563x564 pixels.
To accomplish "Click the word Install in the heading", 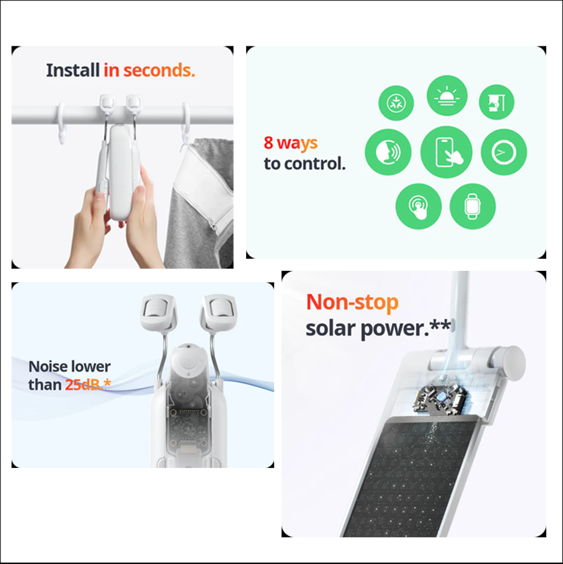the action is (72, 70).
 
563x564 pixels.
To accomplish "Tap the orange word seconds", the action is (159, 70).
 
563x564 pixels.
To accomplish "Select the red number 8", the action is (268, 142).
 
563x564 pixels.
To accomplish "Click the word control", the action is (314, 164).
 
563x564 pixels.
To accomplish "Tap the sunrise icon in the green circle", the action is (447, 96).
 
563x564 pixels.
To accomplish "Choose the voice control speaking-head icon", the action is (388, 152).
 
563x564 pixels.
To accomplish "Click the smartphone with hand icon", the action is (447, 152).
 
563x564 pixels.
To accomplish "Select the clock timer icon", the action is (504, 152).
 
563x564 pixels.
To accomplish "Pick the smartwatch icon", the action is (472, 206).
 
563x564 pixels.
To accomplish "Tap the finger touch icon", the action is (419, 206).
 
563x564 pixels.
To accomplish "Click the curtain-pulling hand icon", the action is (496, 102).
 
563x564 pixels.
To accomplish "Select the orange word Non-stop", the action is (352, 302).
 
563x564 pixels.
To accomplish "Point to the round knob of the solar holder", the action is (513, 363).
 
